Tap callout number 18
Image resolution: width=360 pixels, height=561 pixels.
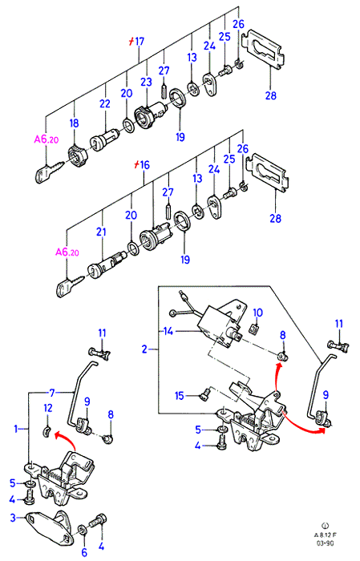74,123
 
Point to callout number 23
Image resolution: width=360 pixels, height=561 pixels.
146,82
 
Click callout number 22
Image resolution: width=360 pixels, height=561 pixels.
105,103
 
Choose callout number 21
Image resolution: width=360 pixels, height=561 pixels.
101,232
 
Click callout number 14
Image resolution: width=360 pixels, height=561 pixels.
168,331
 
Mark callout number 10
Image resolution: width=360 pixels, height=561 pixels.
257,313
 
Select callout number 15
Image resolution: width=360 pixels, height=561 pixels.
180,396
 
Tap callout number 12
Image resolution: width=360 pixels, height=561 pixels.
48,408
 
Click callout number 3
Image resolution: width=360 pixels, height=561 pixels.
13,518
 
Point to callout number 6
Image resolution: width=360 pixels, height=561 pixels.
84,552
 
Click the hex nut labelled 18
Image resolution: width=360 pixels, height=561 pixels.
76,157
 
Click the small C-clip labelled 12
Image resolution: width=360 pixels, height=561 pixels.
47,431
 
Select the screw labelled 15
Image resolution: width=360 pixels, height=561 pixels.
204,396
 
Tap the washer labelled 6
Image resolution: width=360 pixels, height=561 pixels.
83,530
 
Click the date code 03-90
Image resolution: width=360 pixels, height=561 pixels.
326,543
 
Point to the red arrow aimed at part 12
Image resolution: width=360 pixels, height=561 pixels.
67,439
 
